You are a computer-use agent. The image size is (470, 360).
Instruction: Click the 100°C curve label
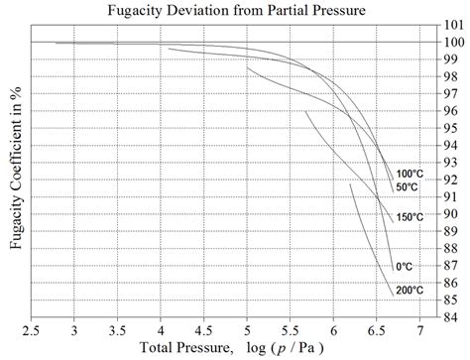[411, 175]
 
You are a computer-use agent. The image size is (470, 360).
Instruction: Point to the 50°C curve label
[407, 187]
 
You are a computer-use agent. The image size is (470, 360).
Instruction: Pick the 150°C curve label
[411, 217]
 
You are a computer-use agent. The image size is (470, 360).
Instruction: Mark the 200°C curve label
[411, 290]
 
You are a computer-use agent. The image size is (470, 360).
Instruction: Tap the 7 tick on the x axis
[420, 327]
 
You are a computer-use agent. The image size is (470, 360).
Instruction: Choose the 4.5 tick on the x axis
[203, 327]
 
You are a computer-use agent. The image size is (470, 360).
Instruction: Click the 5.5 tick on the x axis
[291, 327]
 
